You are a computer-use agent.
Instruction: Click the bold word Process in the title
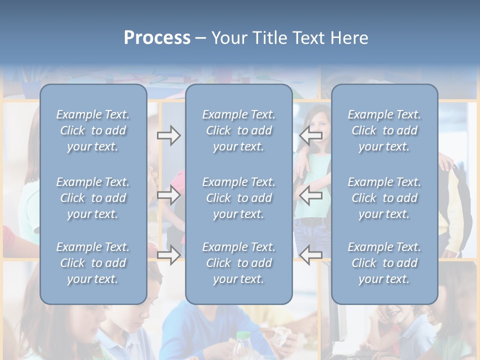click(157, 38)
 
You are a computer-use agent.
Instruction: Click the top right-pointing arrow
click(168, 135)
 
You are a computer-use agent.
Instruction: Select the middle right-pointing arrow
click(168, 195)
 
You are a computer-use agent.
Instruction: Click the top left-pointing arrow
click(311, 135)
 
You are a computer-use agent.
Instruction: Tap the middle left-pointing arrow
click(311, 195)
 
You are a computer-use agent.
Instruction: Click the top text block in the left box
click(93, 130)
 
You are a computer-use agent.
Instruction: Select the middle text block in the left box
click(93, 198)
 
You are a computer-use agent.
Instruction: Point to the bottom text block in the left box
click(93, 263)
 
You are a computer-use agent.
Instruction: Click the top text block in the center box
click(238, 130)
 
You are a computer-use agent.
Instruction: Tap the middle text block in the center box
click(238, 198)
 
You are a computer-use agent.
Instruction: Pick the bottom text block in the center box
click(238, 263)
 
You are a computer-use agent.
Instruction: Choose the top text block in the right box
click(384, 130)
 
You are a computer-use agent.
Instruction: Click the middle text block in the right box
click(384, 198)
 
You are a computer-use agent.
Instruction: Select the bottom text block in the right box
click(384, 263)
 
